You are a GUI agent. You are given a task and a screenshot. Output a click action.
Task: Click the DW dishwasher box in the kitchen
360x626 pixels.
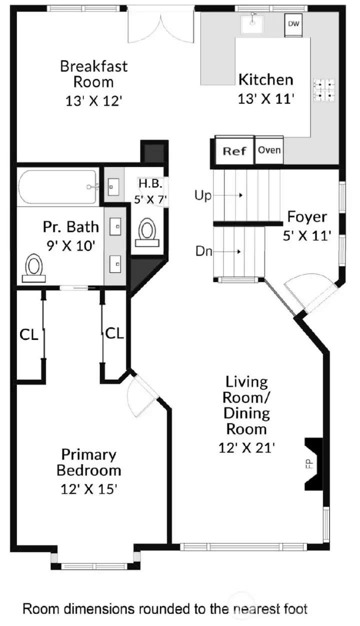[x=293, y=24]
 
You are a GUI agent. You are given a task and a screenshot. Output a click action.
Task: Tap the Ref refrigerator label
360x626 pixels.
[x=234, y=150]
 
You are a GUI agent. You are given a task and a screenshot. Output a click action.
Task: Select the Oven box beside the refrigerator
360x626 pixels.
[x=269, y=150]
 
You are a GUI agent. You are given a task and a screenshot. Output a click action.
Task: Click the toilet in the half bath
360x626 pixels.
[x=147, y=232]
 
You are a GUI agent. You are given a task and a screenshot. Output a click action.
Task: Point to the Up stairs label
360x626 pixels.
[x=203, y=195]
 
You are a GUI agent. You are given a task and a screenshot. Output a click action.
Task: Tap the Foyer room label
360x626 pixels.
[x=306, y=217]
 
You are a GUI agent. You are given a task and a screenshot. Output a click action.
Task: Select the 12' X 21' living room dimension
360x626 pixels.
[x=247, y=448]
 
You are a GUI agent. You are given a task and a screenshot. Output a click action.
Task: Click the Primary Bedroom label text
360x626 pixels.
[x=88, y=462]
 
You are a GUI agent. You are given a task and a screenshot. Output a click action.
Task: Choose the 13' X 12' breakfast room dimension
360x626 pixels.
[x=93, y=100]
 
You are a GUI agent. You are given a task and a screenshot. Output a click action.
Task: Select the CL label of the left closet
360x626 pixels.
[x=28, y=334]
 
